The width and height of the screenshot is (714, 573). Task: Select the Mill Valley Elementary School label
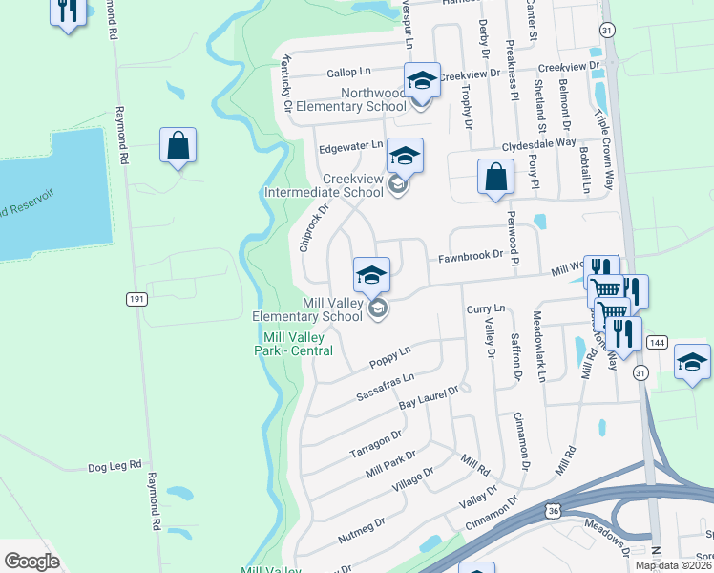pos(307,309)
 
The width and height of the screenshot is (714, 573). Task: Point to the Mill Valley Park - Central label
pos(298,345)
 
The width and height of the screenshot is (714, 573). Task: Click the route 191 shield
pos(136,298)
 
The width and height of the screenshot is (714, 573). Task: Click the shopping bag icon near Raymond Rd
pos(178,146)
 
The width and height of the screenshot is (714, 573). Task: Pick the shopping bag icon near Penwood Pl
pos(495,177)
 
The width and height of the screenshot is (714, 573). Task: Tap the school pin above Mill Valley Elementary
pos(372,275)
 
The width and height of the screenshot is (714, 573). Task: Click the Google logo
pos(31,562)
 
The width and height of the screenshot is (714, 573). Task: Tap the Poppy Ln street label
pos(389,358)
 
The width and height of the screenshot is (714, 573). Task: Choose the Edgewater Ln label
pos(350,147)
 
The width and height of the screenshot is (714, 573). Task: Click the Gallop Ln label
pos(348,72)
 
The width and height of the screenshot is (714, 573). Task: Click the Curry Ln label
pos(486,309)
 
